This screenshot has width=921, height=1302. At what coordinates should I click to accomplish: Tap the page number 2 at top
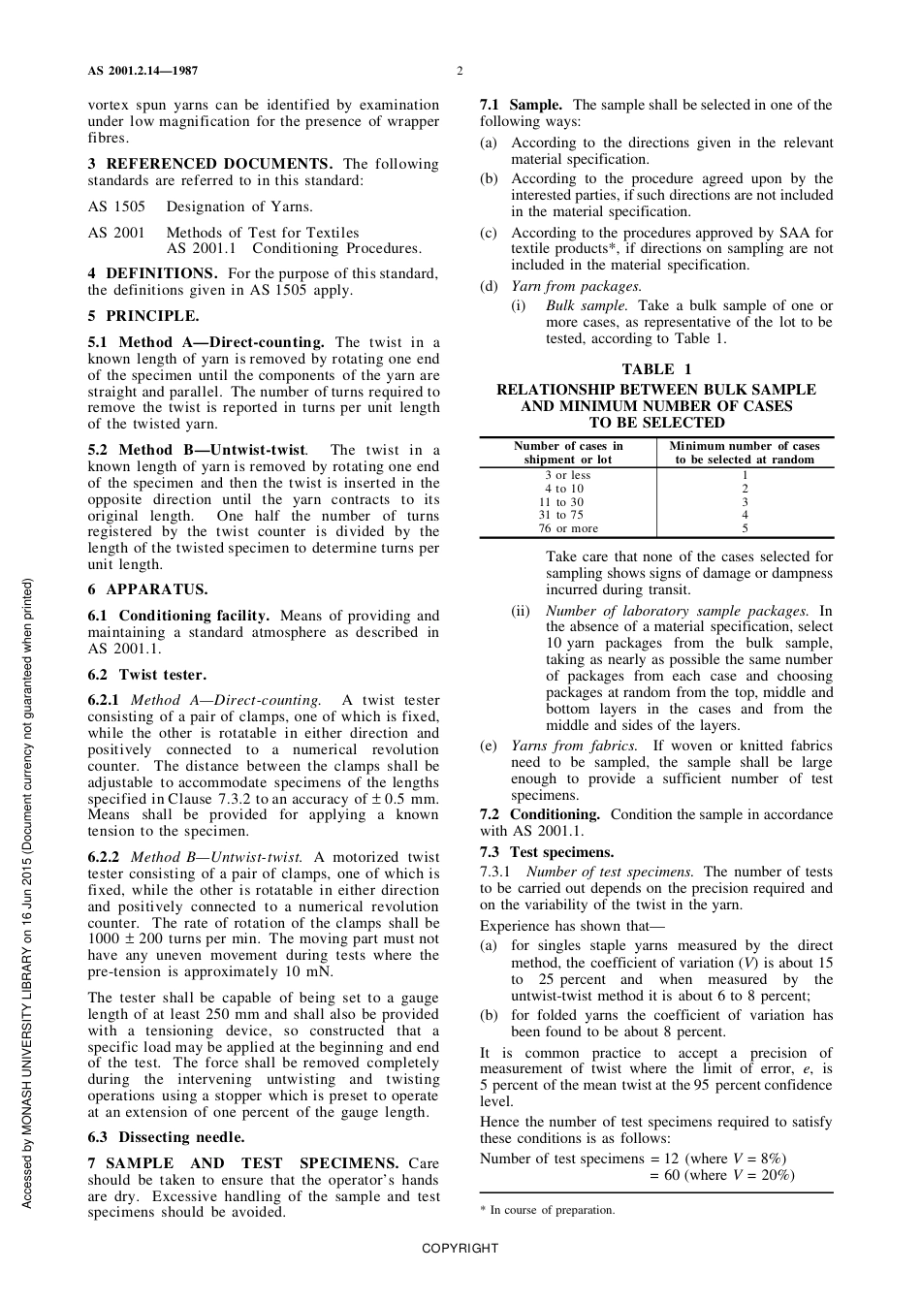click(x=460, y=71)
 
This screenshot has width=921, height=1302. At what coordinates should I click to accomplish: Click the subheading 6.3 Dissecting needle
click(x=166, y=1137)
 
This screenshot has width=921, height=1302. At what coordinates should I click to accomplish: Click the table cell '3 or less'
click(x=567, y=475)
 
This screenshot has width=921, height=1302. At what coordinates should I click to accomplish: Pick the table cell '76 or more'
click(x=568, y=528)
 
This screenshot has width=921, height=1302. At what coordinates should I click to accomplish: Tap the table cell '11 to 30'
click(x=568, y=502)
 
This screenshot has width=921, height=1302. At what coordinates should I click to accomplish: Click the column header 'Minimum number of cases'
click(x=745, y=453)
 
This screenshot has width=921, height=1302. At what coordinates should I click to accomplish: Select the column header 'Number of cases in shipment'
click(x=568, y=453)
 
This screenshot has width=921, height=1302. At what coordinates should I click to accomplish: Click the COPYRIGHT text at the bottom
click(x=460, y=1248)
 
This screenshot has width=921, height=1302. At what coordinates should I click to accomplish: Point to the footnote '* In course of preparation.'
click(x=548, y=1210)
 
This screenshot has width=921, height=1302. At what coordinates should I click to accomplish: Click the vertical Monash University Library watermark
click(x=27, y=892)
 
